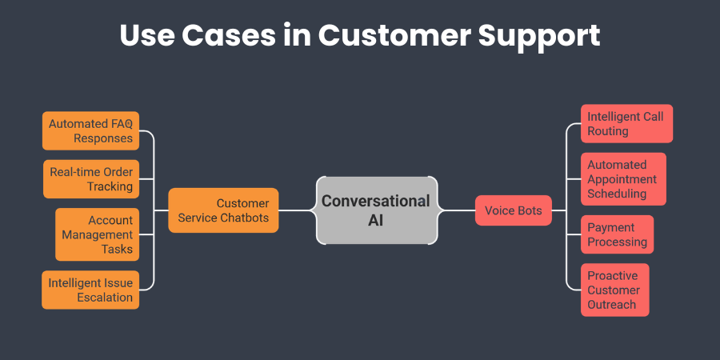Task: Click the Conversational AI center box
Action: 377,210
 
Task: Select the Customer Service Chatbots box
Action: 223,210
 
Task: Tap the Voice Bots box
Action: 513,210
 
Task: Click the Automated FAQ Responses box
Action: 90,130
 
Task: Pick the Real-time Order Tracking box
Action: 90,179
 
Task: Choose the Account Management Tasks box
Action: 97,234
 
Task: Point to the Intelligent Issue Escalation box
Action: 90,290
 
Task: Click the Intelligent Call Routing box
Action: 626,124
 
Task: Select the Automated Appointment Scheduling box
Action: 623,179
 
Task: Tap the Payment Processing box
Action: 617,234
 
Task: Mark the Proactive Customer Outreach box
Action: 614,290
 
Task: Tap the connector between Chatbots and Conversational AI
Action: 298,210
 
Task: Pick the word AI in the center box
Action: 376,221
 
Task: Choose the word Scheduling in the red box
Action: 618,194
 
